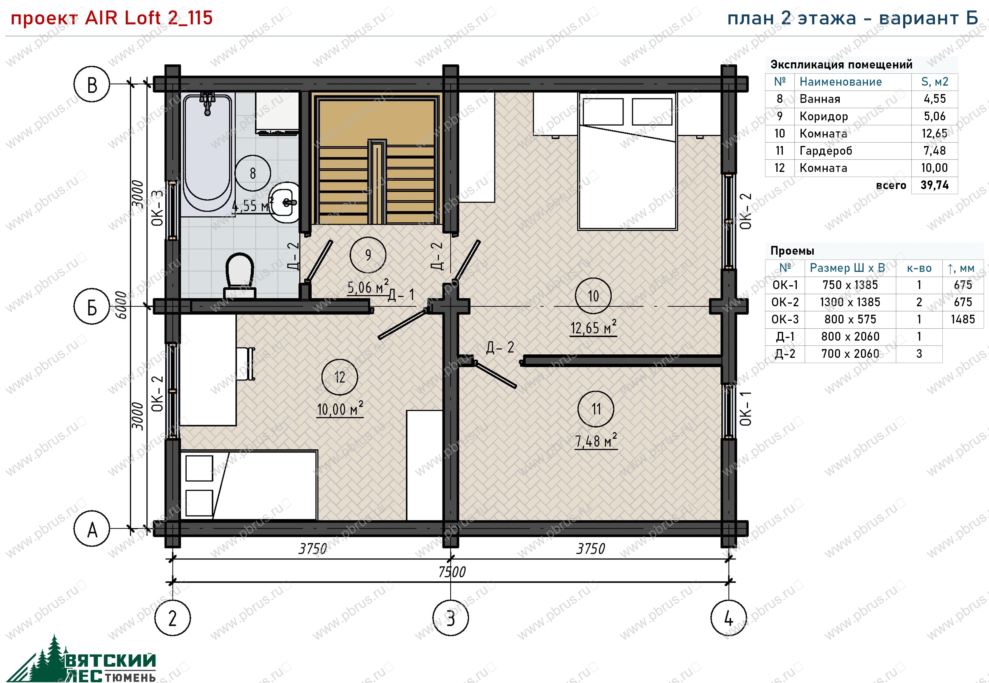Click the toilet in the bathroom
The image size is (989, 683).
(240, 275)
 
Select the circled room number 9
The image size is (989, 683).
(368, 255)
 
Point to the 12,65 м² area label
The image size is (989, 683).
(593, 328)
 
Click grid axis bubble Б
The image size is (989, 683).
(92, 307)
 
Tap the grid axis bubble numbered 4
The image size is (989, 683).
(729, 618)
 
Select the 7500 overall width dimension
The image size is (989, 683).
(452, 572)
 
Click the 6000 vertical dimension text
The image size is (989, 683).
(121, 305)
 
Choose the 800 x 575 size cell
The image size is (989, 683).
(850, 319)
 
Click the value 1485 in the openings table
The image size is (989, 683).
(963, 319)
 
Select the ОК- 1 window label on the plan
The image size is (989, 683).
(745, 409)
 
